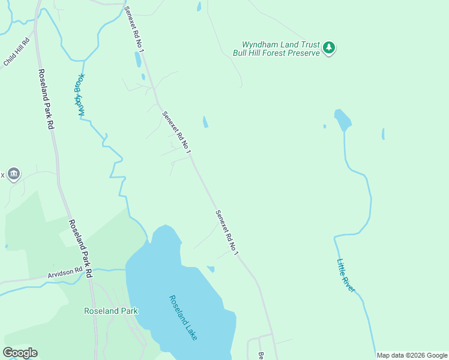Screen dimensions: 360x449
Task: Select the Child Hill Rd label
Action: coord(17,52)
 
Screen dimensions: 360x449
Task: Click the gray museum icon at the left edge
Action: coord(14,175)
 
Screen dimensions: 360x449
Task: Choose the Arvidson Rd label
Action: coord(65,273)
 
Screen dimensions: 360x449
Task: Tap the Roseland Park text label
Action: coord(110,311)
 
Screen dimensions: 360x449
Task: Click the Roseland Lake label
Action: coord(182,317)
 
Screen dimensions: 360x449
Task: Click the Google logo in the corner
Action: coord(20,353)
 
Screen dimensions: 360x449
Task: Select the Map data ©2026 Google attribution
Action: coord(412,355)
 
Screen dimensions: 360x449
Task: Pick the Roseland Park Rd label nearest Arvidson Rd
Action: coord(80,248)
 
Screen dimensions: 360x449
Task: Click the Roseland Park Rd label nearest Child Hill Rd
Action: coord(46,100)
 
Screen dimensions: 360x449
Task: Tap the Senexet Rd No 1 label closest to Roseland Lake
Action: coord(228,233)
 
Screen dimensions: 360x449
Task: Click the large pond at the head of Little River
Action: coord(343,120)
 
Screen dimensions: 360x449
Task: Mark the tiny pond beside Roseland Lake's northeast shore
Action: coord(211,269)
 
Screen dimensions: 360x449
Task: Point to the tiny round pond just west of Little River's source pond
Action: coord(325,127)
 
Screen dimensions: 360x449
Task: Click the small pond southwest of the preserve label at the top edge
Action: coord(199,7)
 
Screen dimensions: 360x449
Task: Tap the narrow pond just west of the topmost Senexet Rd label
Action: coord(138,59)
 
